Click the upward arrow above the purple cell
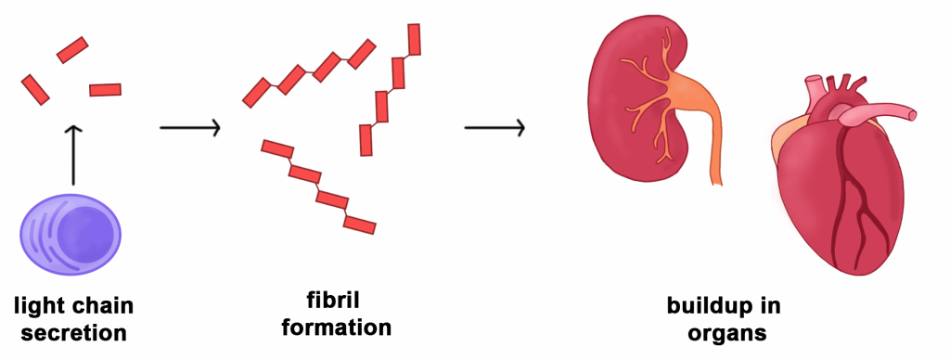point(72,155)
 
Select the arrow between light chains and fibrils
point(189,128)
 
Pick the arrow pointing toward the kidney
point(494,128)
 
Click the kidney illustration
point(642,100)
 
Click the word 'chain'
point(101,305)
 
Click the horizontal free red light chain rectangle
point(106,90)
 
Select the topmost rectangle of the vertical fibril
point(414,39)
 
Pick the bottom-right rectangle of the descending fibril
point(360,225)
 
